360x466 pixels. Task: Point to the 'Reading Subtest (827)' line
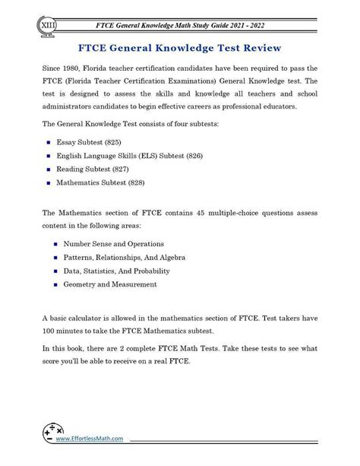[96, 169]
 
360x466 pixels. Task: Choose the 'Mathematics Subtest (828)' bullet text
[107, 183]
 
